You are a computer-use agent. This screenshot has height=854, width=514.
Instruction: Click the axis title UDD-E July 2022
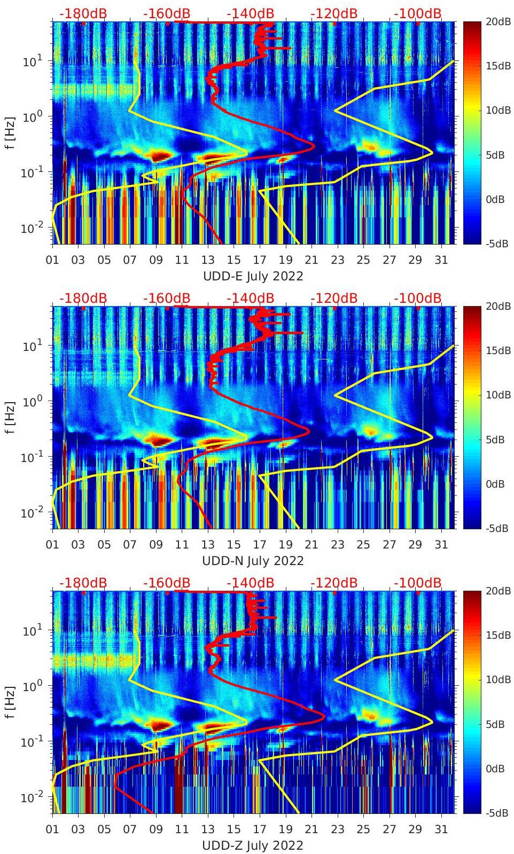253,276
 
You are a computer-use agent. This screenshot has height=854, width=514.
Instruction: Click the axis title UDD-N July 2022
253,561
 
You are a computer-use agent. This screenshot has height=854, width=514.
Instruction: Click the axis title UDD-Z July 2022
253,845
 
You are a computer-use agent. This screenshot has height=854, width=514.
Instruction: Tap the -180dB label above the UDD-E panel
83,13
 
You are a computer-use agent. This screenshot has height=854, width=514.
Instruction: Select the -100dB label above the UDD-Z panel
417,583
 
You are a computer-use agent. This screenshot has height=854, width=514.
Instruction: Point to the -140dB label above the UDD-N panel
250,298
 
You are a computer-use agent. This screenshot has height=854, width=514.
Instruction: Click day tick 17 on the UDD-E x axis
260,260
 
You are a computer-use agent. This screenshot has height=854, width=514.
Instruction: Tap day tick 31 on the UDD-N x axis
441,545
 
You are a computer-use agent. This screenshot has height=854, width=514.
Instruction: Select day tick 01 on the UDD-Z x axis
52,829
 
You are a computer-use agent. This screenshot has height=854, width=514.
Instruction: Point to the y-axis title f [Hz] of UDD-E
11,132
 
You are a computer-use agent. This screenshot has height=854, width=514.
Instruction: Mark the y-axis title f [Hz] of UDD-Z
11,701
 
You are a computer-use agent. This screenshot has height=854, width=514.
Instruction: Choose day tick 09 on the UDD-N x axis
156,545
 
